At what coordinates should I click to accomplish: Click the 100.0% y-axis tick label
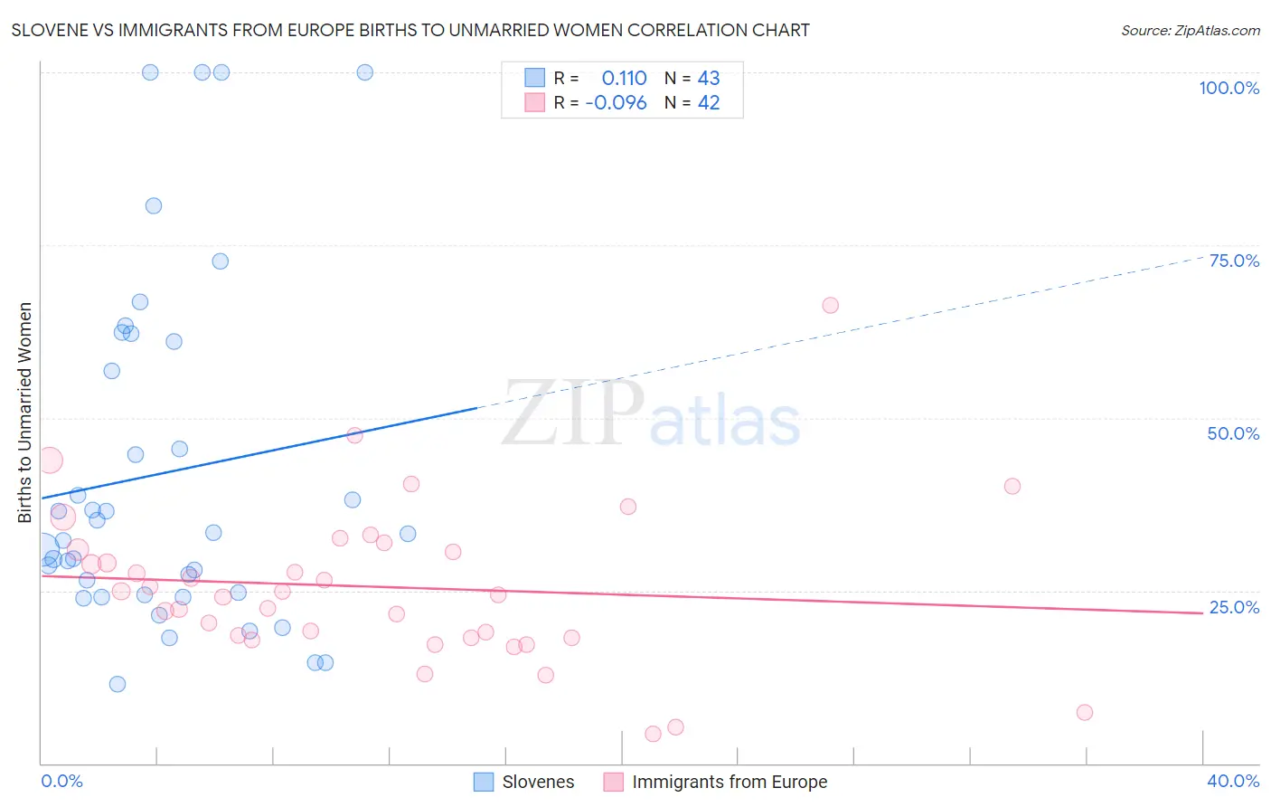(x=1229, y=88)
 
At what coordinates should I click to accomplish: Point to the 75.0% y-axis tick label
(x=1234, y=261)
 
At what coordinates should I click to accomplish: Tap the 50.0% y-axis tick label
(x=1233, y=433)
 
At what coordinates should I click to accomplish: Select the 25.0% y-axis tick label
(x=1234, y=607)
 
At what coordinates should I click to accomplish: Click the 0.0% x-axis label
(x=61, y=782)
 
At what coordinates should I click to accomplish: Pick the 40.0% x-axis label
(x=1233, y=782)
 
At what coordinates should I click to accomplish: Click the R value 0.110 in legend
(x=624, y=79)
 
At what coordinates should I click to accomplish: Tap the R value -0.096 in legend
(x=616, y=103)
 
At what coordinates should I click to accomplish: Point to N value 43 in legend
(x=709, y=79)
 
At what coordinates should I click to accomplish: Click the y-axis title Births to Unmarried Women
(x=25, y=413)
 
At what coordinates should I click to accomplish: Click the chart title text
(x=410, y=31)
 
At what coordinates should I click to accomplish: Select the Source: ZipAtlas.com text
(x=1191, y=31)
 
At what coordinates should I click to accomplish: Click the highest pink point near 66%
(x=830, y=306)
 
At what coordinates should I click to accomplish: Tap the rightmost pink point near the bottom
(x=1085, y=713)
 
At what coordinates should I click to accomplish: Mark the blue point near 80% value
(x=154, y=206)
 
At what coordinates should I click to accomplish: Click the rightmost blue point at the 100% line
(x=365, y=72)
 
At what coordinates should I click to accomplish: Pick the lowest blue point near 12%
(x=118, y=684)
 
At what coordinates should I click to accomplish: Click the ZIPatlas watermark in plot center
(x=651, y=414)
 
